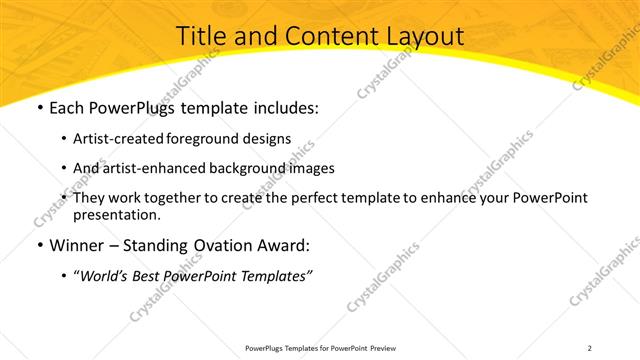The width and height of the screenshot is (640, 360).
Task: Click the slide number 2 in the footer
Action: tap(589, 347)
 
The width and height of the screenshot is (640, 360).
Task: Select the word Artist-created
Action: tap(114, 138)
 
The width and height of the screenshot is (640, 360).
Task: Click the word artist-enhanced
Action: tap(151, 168)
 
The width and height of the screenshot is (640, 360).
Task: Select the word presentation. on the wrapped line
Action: tap(116, 214)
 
